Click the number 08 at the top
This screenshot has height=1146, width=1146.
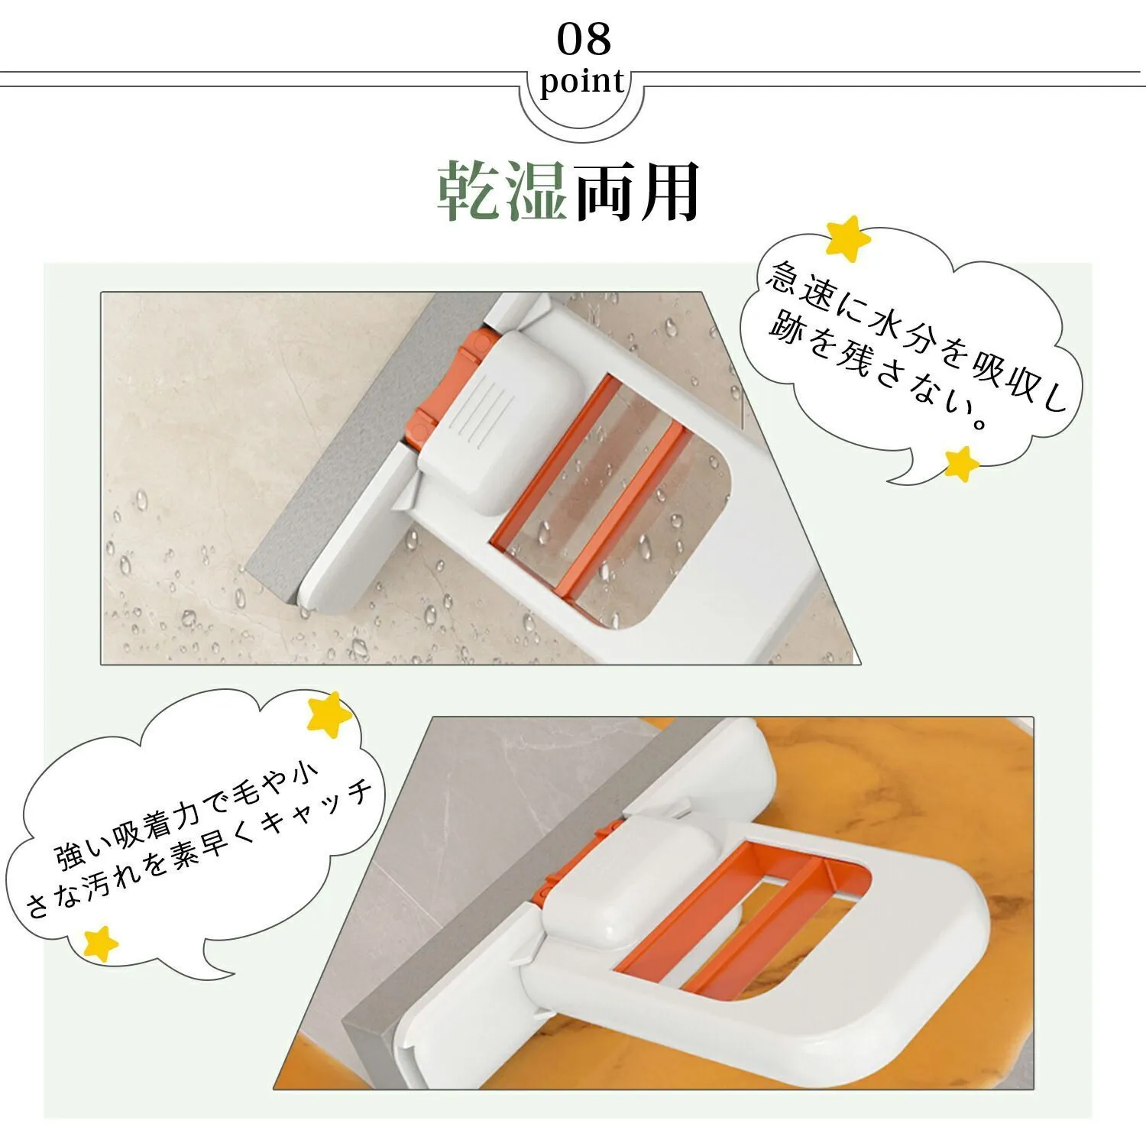[x=584, y=40]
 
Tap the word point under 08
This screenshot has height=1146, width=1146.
[x=582, y=82]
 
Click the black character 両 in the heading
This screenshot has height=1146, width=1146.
[x=604, y=191]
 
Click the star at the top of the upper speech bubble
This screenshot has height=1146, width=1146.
[x=848, y=238]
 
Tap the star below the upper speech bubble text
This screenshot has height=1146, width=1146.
[x=962, y=463]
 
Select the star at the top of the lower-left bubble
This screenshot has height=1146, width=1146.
[x=329, y=714]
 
